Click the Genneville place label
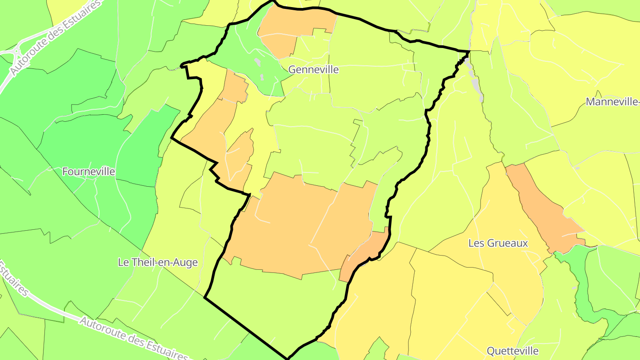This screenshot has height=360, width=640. pos(313,70)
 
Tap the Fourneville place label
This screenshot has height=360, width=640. pos(88,172)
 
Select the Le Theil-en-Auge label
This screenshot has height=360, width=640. pos(157,262)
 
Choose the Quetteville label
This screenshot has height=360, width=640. pos(512,351)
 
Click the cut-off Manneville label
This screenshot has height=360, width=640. pos(612,102)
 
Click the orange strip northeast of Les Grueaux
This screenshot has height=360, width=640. pos(544,209)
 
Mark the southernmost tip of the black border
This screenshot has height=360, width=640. pos(288,358)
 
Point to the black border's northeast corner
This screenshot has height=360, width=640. pos(469,52)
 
